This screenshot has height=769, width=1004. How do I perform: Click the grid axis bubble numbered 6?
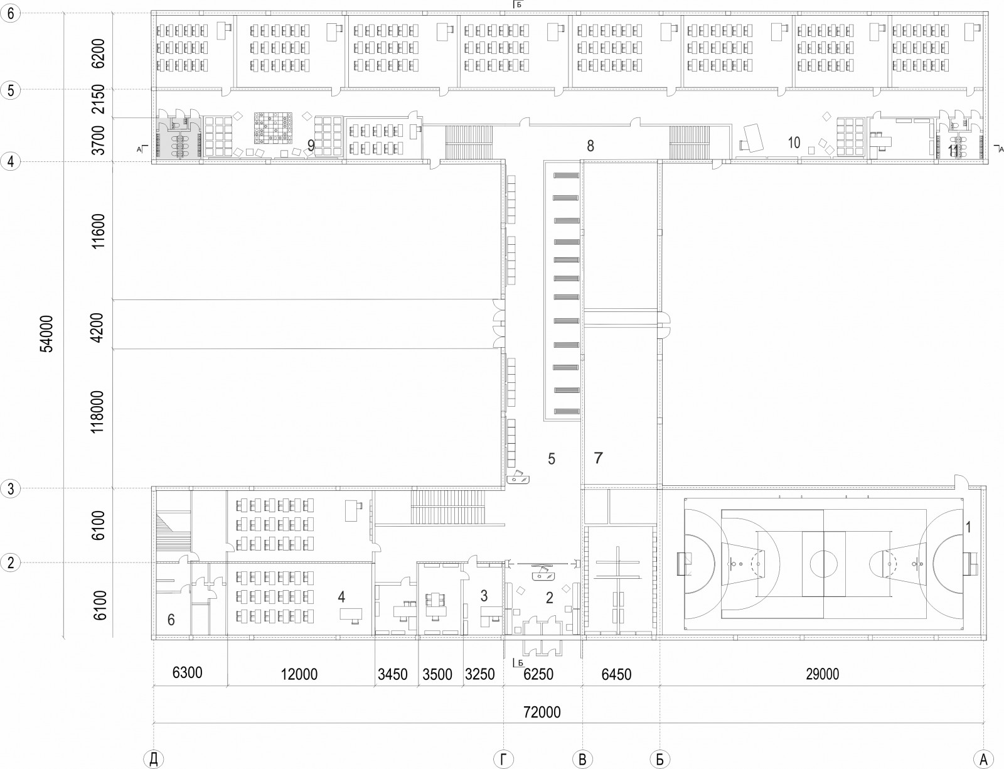point(10,13)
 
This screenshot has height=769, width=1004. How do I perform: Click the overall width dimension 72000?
point(542,712)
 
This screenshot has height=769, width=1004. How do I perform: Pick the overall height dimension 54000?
point(46,334)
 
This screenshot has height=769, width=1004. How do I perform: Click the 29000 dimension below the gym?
point(823,674)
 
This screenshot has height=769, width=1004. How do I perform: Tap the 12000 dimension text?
point(299,674)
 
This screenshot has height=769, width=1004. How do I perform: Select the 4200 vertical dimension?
point(97,328)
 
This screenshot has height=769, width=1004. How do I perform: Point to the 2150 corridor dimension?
point(98,99)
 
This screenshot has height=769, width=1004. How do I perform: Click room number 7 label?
point(599,458)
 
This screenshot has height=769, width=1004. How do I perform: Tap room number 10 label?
point(794,143)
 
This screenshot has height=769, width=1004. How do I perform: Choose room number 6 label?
point(171,620)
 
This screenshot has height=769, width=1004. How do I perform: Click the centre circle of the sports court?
point(823,564)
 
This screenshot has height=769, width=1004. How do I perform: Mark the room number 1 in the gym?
point(968,527)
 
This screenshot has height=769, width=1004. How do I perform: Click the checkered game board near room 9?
point(273,127)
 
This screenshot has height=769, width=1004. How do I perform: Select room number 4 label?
point(341,597)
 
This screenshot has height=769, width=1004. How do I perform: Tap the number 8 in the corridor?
point(590,146)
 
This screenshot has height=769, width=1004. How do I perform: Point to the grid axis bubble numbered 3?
point(10,488)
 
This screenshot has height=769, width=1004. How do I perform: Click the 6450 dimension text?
point(616,674)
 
